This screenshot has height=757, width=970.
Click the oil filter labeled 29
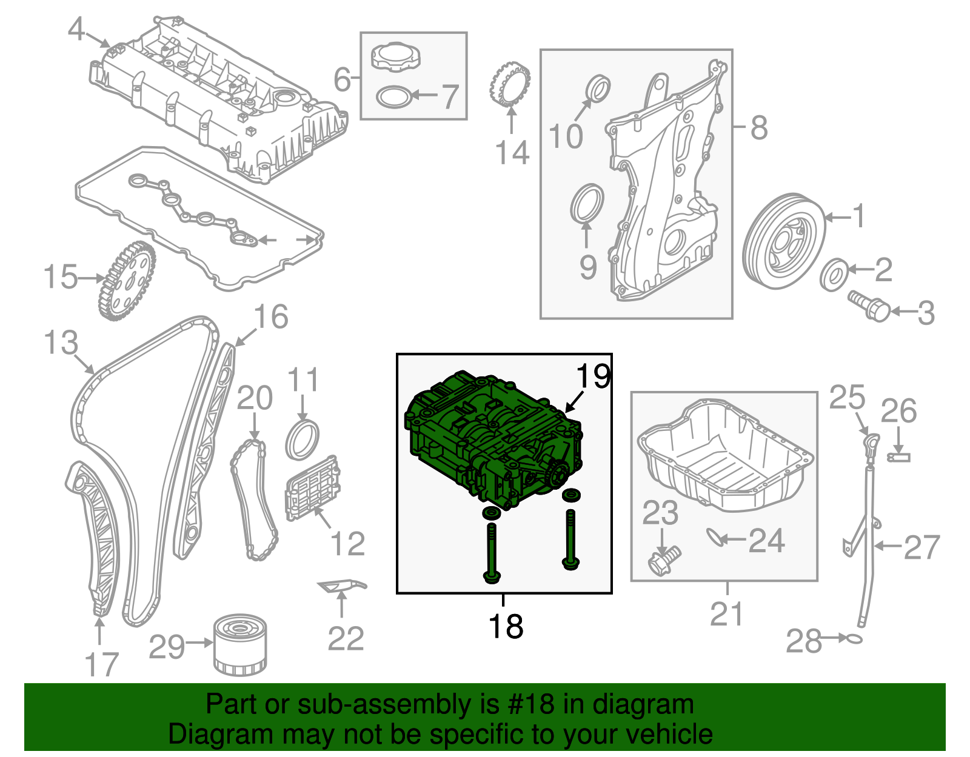239,645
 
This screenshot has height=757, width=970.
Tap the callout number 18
505,626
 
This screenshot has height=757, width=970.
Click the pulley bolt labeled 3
869,306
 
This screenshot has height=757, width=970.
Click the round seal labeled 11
302,439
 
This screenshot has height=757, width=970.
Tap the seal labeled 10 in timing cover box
599,88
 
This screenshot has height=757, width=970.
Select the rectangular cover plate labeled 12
313,489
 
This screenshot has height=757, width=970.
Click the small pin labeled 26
898,456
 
